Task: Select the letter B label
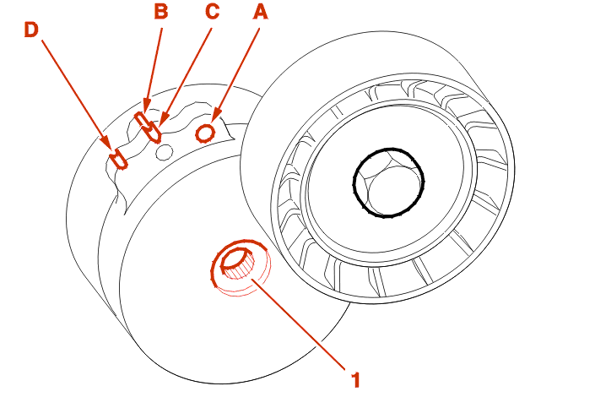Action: click(x=160, y=11)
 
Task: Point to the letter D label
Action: click(x=30, y=30)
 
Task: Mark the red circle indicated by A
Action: click(x=204, y=132)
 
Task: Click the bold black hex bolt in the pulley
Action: click(x=387, y=182)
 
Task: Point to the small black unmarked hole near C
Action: click(x=165, y=151)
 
